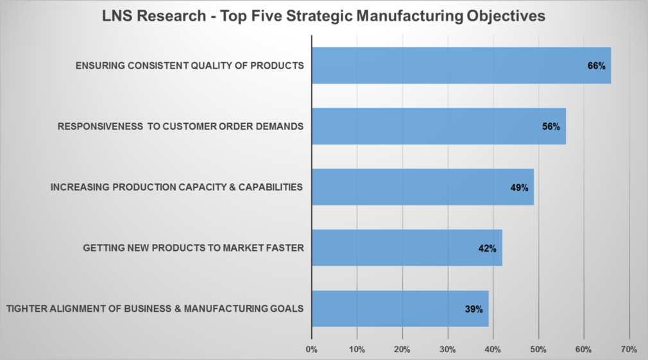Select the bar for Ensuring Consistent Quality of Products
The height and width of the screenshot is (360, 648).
tap(461, 65)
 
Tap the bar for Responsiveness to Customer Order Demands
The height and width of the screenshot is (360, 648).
tap(438, 126)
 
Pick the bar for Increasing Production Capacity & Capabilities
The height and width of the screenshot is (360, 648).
tap(422, 187)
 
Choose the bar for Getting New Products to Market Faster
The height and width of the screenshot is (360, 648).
tap(406, 248)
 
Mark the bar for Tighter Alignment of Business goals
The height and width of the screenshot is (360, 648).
tap(400, 309)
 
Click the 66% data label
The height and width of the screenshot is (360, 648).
tap(596, 65)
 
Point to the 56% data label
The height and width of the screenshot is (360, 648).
tap(551, 126)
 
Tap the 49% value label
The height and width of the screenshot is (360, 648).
tap(519, 188)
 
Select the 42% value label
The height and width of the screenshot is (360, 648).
tap(488, 248)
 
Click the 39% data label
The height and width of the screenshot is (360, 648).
tap(473, 309)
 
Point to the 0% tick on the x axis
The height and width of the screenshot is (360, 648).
tap(312, 350)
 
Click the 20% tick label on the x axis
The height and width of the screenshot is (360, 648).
tap(402, 350)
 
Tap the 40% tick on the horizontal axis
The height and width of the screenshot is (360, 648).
tap(493, 350)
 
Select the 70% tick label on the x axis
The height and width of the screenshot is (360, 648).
tap(629, 350)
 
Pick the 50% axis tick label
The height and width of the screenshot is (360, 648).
tap(538, 350)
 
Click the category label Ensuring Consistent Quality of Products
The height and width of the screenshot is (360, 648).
tap(189, 65)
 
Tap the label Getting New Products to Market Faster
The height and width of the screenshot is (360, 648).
tap(193, 248)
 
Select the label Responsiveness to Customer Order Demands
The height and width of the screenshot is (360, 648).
tap(180, 126)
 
